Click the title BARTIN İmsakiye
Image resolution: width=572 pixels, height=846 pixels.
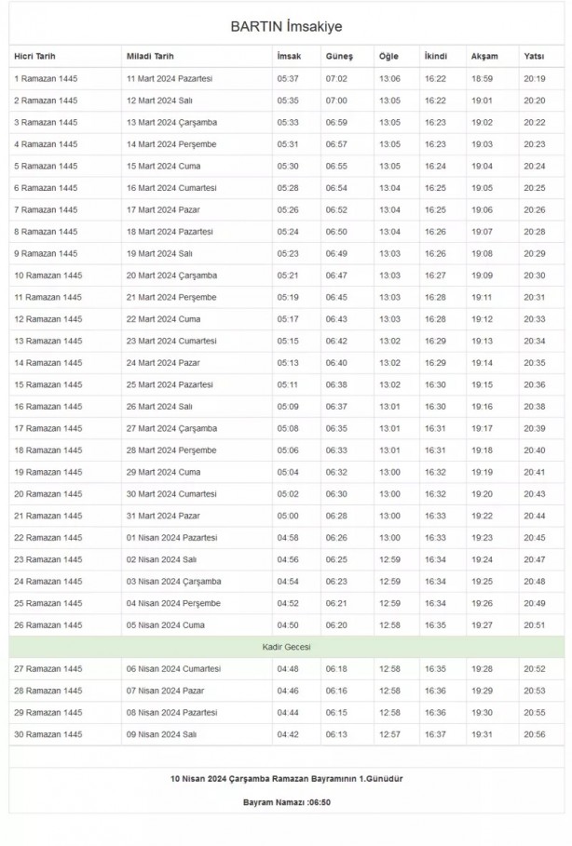coord(286,26)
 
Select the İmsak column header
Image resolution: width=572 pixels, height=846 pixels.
coord(289,57)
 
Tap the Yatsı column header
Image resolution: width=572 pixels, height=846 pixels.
coord(534,57)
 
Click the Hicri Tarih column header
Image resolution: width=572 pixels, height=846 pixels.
coord(36,57)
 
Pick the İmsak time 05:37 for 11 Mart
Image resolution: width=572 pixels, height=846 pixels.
coord(288,79)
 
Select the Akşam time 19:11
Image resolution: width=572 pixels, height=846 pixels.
coord(482,298)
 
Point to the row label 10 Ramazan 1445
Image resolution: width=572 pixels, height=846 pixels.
coord(48,275)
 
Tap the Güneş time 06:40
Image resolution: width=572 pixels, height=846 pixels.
coord(336,363)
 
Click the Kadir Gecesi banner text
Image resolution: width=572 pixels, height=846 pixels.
coord(286,647)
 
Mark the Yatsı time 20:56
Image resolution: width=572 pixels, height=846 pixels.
coord(535,734)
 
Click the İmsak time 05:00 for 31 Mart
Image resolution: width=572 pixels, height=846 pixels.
coord(288,516)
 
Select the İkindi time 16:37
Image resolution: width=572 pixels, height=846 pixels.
coord(435,734)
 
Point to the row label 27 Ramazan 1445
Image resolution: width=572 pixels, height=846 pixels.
coord(48,669)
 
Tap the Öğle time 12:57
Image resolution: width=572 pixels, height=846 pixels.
coord(389,734)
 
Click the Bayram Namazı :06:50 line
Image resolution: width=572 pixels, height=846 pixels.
coord(286,801)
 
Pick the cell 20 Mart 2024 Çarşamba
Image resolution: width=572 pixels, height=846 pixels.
coord(171,275)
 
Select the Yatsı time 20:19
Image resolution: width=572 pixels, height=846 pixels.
coord(535,79)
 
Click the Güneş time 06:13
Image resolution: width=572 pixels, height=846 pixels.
coord(336,734)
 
